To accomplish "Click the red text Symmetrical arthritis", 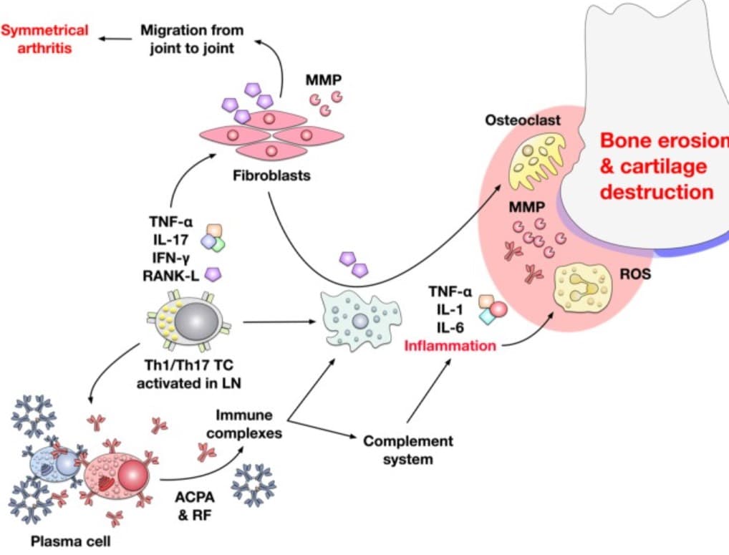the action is pos(44,39).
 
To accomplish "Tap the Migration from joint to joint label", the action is pos(192,39).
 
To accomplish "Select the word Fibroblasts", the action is pos(271,175).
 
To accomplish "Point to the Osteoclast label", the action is pos(523,120).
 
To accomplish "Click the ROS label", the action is pos(635,274).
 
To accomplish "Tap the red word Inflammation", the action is pos(450,346).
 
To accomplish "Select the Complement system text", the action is pos(408,450).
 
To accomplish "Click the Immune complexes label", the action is pos(244,424).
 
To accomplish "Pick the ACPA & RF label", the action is pos(195,506).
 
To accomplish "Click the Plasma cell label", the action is pos(71,541).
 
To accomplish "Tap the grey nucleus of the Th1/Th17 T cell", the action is pos(196,322).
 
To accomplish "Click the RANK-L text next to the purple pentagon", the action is pos(170,276).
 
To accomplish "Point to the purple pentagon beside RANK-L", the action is pos(213,274).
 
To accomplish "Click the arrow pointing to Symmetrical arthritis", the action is pos(115,39).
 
